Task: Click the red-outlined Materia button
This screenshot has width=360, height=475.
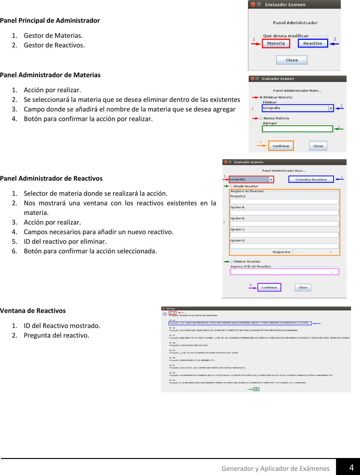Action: click(276, 43)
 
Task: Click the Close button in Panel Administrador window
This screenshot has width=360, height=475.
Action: click(292, 60)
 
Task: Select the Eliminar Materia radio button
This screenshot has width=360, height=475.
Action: click(261, 97)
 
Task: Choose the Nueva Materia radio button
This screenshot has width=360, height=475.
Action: click(261, 118)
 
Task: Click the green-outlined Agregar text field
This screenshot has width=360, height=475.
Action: click(297, 129)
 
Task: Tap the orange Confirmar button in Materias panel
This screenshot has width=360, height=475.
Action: click(281, 146)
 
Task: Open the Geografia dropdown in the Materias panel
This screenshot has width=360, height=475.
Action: click(331, 108)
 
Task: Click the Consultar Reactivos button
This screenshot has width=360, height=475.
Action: click(311, 179)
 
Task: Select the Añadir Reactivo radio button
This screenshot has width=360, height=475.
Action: click(231, 186)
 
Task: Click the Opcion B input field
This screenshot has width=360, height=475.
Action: click(284, 224)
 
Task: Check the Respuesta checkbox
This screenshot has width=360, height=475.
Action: click(294, 252)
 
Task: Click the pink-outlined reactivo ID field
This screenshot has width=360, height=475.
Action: click(284, 272)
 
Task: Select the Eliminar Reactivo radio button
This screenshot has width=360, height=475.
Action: click(231, 261)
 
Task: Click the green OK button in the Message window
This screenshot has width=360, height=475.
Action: click(256, 389)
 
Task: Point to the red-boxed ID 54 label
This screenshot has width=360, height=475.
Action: click(172, 313)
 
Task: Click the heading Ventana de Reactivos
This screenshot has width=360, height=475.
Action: click(33, 311)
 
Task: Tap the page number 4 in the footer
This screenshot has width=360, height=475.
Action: click(351, 468)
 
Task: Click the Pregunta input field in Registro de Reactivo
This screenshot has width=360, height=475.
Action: click(284, 201)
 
